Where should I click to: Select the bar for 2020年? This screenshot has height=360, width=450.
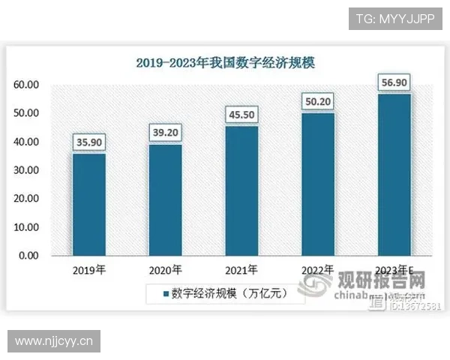click(x=165, y=199)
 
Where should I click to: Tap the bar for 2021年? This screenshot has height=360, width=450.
click(x=241, y=190)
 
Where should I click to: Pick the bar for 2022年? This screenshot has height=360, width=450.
click(x=318, y=184)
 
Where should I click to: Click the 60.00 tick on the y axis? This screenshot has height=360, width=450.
click(x=26, y=85)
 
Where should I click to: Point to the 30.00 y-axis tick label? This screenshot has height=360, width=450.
click(x=26, y=170)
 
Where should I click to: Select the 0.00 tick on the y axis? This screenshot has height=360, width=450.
click(x=29, y=256)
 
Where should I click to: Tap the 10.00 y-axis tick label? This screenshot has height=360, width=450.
click(x=26, y=227)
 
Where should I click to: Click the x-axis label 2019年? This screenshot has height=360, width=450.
click(x=88, y=270)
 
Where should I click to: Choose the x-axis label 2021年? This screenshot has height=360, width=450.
click(x=241, y=270)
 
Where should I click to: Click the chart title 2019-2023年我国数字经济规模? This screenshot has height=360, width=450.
click(x=225, y=63)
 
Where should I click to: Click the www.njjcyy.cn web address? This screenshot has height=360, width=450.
click(x=53, y=341)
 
